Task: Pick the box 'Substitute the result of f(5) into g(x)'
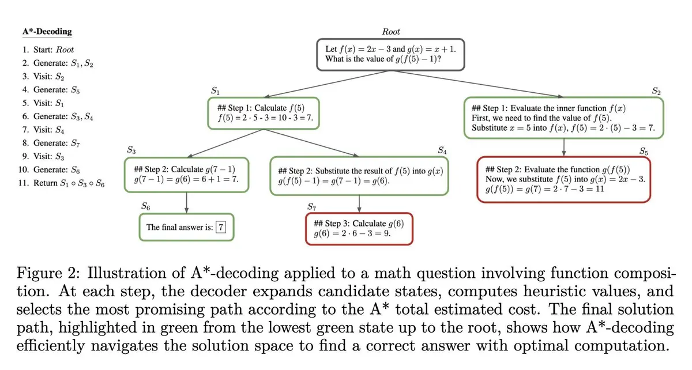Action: pyautogui.click(x=360, y=176)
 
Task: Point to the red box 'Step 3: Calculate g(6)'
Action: pyautogui.click(x=360, y=229)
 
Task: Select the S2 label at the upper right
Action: pyautogui.click(x=656, y=90)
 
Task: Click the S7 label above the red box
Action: pyautogui.click(x=311, y=206)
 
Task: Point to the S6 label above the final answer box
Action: pyautogui.click(x=146, y=206)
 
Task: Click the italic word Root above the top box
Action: pyautogui.click(x=391, y=32)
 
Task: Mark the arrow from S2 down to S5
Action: pyautogui.click(x=563, y=146)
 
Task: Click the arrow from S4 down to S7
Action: pyautogui.click(x=360, y=204)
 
